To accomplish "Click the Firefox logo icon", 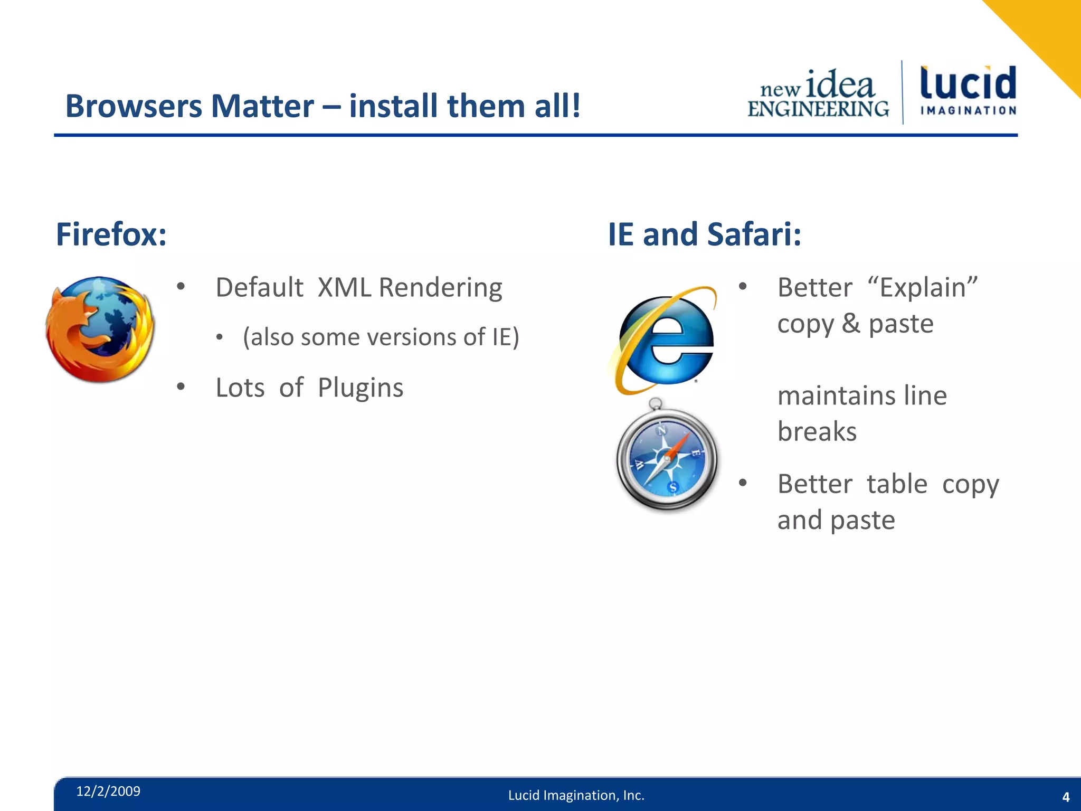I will point(100,329).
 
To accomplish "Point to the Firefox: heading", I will point(111,234).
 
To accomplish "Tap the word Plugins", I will point(361,388).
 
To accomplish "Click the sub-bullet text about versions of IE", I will point(381,337).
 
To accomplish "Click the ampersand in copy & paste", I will point(850,324).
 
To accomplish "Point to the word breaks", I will point(817,432).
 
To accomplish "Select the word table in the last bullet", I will point(897,484).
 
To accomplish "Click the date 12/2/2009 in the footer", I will point(108,791).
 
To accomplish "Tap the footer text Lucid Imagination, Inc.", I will point(576,795).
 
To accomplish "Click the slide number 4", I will point(1065,797).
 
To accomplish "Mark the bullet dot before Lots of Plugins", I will point(181,387).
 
